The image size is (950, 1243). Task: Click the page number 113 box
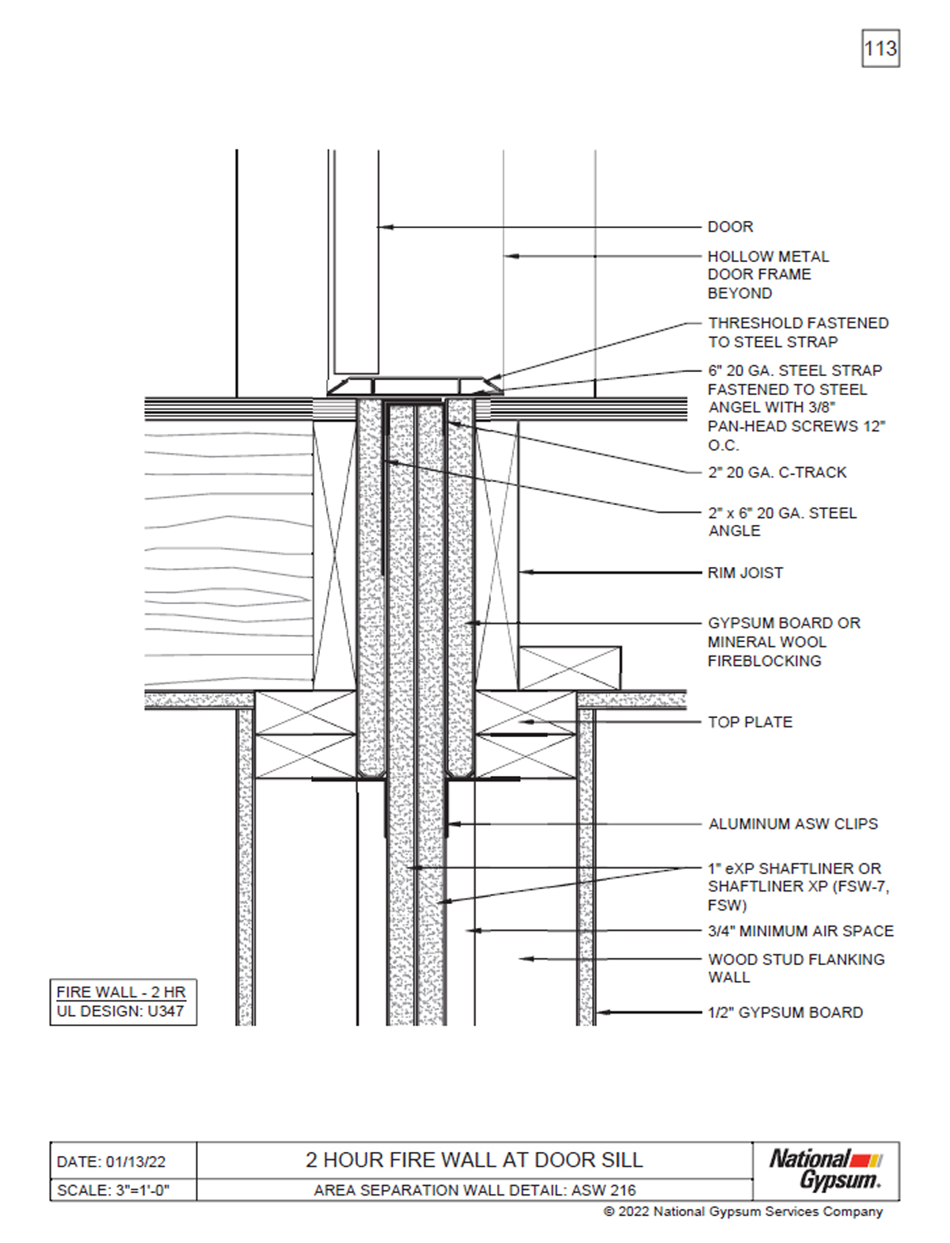pyautogui.click(x=880, y=49)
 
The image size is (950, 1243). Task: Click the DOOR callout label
pyautogui.click(x=730, y=227)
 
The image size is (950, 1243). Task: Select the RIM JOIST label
pyautogui.click(x=745, y=572)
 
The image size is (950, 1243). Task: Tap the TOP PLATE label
pyautogui.click(x=750, y=722)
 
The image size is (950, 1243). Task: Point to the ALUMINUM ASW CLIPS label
pyautogui.click(x=793, y=824)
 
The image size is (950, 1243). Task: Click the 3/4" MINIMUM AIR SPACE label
pyautogui.click(x=800, y=931)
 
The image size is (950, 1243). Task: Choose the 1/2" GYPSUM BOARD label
pyautogui.click(x=785, y=1013)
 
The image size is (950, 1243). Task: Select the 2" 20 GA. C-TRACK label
pyautogui.click(x=777, y=473)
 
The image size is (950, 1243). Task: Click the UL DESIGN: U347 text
pyautogui.click(x=120, y=1012)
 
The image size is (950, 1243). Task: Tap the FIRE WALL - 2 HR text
pyautogui.click(x=120, y=992)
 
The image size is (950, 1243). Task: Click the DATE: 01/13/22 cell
pyautogui.click(x=112, y=1162)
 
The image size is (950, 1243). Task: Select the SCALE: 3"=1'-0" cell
pyautogui.click(x=113, y=1190)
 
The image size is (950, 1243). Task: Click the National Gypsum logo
pyautogui.click(x=825, y=1170)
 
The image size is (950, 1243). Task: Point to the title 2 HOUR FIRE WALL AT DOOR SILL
pyautogui.click(x=474, y=1161)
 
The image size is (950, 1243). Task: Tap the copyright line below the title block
pyautogui.click(x=743, y=1211)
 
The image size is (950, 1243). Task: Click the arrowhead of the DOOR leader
pyautogui.click(x=382, y=227)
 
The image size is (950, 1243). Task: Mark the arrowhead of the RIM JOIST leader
pyautogui.click(x=522, y=572)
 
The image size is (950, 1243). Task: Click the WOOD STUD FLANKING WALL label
pyautogui.click(x=796, y=968)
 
